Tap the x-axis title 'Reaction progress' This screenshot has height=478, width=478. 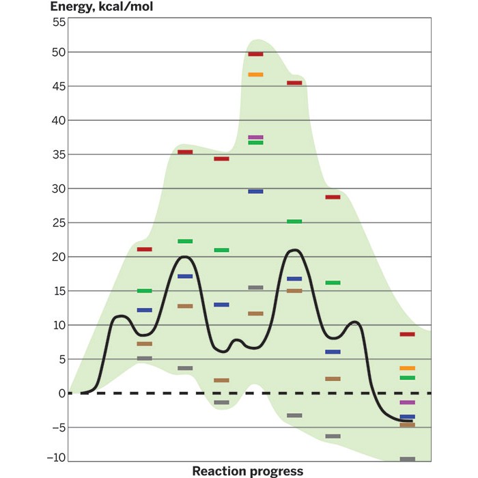[248, 471]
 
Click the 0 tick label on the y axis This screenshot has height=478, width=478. [61, 393]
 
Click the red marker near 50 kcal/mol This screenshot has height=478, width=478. [255, 54]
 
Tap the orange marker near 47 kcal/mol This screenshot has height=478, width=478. [255, 74]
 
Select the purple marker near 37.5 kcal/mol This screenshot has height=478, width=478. [255, 137]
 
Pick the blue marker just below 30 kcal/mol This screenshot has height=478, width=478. [255, 192]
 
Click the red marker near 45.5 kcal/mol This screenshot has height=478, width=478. [294, 83]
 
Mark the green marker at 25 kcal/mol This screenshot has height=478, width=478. [294, 221]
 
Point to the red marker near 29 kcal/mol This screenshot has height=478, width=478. [333, 197]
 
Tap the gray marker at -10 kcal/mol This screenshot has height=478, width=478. [407, 459]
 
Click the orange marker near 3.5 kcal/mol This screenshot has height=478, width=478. [407, 368]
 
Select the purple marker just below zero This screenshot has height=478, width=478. [407, 402]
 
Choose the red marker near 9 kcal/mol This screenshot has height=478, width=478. [407, 334]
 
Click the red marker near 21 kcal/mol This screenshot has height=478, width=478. [144, 249]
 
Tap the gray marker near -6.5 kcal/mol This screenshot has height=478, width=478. [333, 436]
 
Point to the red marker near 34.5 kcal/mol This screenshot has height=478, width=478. [221, 158]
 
